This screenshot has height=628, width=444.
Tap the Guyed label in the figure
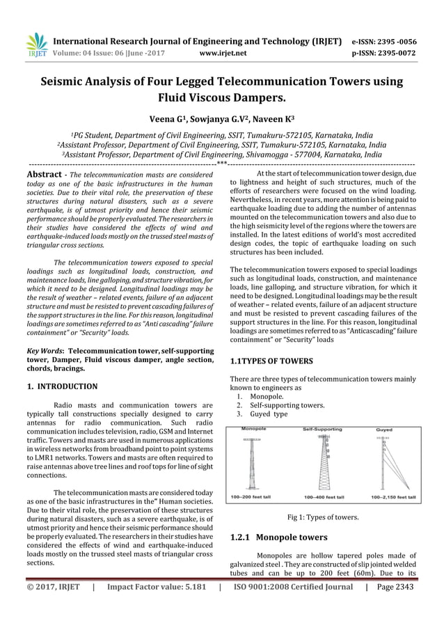point(383,430)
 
